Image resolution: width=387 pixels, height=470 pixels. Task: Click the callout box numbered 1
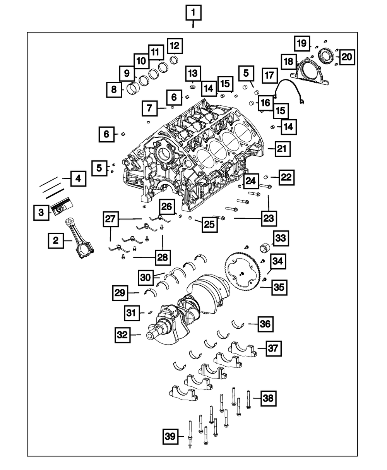193,13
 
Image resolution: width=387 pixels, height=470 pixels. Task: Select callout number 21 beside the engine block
283,149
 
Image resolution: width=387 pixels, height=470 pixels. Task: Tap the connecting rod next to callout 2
80,238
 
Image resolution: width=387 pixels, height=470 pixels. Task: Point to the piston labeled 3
62,206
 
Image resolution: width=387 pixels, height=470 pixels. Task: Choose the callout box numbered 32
123,335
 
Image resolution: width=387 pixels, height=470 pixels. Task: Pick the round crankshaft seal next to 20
327,55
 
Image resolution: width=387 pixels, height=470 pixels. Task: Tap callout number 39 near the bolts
171,437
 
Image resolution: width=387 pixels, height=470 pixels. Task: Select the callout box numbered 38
269,398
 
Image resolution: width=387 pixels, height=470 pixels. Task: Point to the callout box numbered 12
175,46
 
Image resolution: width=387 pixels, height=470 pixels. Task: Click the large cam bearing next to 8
133,89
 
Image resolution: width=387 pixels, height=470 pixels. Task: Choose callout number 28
163,257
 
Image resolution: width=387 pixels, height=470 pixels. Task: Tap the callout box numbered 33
281,238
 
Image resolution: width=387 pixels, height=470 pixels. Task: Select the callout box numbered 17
270,75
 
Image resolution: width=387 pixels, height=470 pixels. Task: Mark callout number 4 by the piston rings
78,179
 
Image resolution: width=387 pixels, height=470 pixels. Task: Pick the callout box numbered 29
120,293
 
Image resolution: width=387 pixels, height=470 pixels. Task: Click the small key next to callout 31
150,312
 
